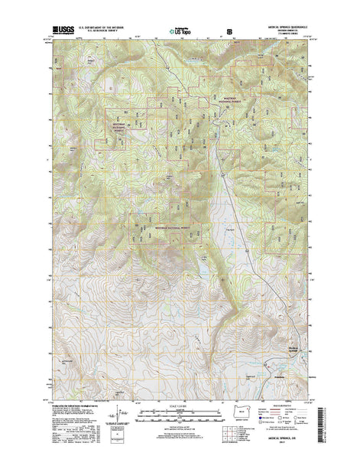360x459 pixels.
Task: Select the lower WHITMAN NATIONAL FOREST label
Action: point(170,227)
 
